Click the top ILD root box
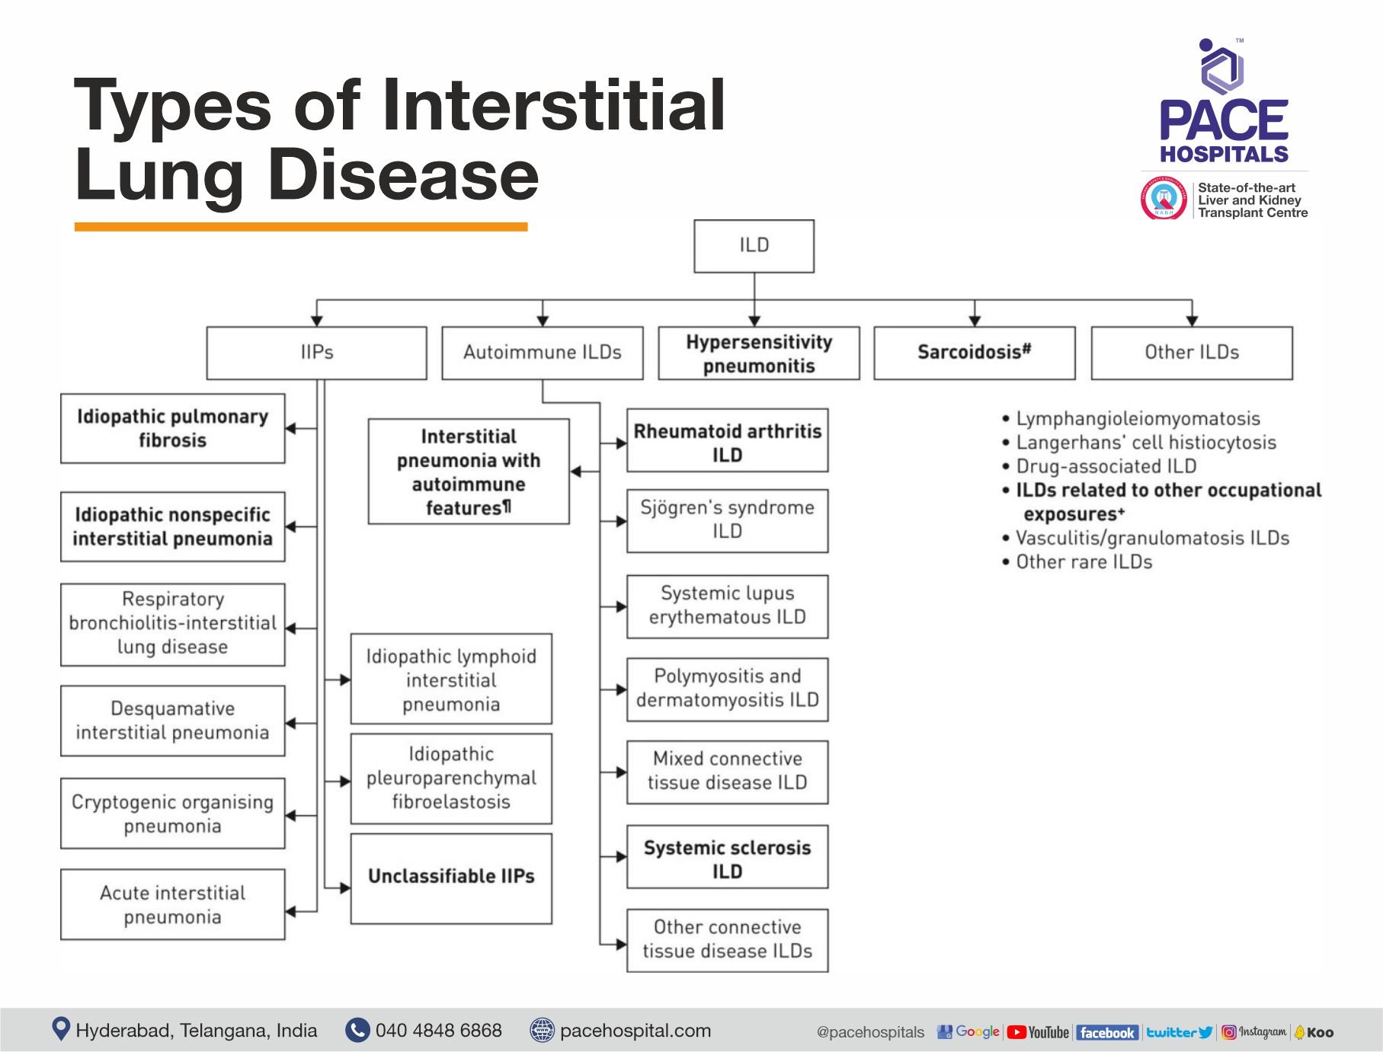coord(754,246)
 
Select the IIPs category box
coord(316,353)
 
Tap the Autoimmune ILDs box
coord(542,353)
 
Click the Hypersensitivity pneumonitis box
coord(758,353)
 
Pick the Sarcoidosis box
coord(974,353)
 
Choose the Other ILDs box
coord(1192,353)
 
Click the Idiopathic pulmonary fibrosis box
coord(172,428)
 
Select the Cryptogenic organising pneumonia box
coord(172,814)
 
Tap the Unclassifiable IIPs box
coord(451,878)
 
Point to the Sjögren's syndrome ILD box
coord(727,520)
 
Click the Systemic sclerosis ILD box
coord(727,858)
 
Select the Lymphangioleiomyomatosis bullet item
coord(1138,419)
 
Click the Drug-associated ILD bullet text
coord(1106,466)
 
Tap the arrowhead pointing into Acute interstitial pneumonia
coord(291,911)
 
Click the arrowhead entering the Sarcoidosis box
coord(975,321)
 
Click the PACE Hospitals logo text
coord(1224,130)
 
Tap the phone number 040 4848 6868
coord(438,1031)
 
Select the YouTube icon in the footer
coord(1038,1032)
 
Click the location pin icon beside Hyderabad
coord(61,1029)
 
